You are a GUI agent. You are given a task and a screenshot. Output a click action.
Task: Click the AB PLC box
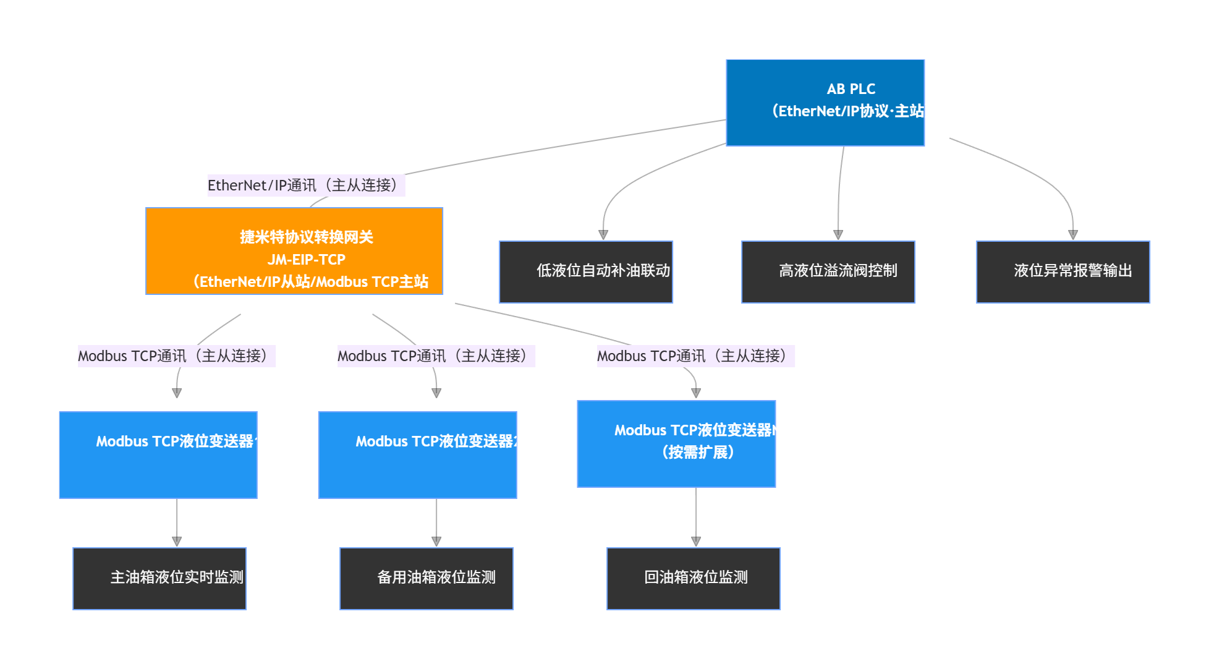coord(825,103)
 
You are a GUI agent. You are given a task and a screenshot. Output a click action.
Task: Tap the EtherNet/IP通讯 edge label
coord(305,185)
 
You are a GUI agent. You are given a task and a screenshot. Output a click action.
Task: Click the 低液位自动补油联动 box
coord(585,272)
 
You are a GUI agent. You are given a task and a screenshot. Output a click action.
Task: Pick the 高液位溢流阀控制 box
coord(828,272)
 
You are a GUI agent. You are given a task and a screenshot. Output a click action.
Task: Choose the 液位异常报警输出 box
coord(1063,272)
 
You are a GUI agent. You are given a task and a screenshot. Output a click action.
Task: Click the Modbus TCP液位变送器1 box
coord(158,455)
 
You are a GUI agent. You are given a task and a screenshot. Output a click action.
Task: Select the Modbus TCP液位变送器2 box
coord(417,455)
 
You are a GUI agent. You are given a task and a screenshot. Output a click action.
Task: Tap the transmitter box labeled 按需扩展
coord(676,444)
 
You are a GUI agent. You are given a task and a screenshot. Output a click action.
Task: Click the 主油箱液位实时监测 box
coord(159,579)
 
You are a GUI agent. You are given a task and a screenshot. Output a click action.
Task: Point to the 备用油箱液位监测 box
coord(426,579)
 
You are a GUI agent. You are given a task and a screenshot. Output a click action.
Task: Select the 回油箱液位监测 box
coord(693,579)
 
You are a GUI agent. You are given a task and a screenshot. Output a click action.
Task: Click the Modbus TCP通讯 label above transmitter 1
coord(176,356)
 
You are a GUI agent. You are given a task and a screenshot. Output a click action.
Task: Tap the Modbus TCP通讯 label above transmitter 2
coord(436,356)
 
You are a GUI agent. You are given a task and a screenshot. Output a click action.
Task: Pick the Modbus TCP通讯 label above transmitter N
coord(695,356)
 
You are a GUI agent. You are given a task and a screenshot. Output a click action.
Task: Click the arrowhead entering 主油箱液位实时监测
coord(177,542)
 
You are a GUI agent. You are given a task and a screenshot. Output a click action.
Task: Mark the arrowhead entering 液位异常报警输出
coord(1073,235)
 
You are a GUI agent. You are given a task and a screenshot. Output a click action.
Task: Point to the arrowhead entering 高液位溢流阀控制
coord(838,235)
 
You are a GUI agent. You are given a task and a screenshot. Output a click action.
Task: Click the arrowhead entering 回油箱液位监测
coord(696,542)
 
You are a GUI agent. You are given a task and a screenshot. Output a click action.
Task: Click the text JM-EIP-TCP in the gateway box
coord(307,260)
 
